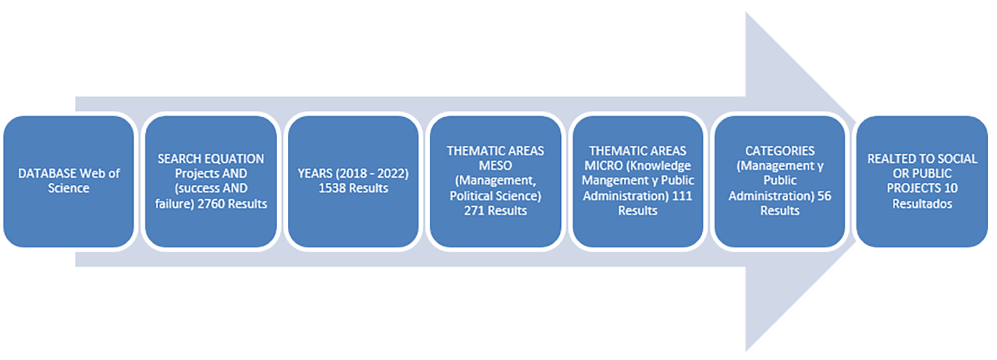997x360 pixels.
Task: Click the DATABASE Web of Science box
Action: [69, 181]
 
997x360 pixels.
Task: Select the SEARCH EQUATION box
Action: [211, 181]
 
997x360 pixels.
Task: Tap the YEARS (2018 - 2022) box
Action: [353, 181]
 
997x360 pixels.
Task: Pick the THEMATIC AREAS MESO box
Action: [495, 181]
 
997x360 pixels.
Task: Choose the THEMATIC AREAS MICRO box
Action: [638, 181]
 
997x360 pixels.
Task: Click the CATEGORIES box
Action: [780, 181]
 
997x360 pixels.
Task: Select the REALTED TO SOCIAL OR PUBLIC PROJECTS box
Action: [922, 181]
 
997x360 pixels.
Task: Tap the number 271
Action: [474, 211]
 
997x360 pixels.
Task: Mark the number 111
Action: [682, 196]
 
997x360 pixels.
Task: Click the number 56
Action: [824, 196]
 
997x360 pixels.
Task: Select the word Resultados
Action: [922, 204]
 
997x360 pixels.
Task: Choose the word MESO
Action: [495, 166]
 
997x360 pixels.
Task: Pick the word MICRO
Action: [603, 166]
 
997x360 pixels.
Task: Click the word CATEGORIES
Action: [780, 151]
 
